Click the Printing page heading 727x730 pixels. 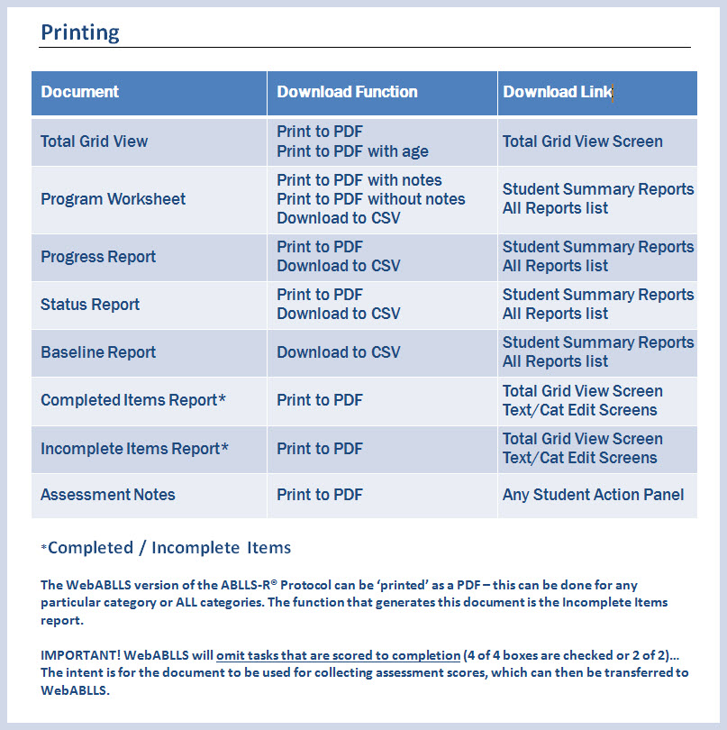80,33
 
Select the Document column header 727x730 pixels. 80,92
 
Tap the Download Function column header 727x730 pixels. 347,92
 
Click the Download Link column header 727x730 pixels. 557,92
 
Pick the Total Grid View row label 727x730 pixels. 95,141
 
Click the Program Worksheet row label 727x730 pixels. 113,199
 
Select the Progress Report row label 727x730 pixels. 98,257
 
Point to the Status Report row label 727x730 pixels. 90,305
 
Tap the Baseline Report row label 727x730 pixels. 98,352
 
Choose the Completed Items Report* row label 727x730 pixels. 133,400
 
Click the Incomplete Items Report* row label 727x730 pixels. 134,449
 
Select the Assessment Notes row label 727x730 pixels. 108,495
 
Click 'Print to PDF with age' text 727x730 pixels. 352,151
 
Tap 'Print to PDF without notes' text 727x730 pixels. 371,199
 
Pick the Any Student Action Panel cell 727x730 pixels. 593,495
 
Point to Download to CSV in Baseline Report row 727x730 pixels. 339,352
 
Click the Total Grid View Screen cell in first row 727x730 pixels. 582,141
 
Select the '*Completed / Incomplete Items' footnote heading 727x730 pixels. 166,548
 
